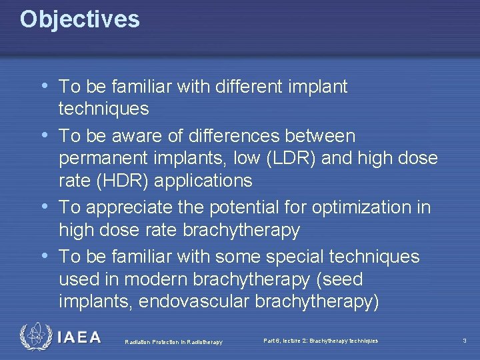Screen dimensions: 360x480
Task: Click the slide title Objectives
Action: (79, 19)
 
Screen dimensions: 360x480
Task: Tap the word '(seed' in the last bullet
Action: (340, 279)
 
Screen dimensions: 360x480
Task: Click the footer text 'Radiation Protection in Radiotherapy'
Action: (173, 342)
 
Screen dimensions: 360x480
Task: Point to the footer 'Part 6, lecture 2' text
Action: (321, 341)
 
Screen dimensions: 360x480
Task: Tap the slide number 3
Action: (464, 341)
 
